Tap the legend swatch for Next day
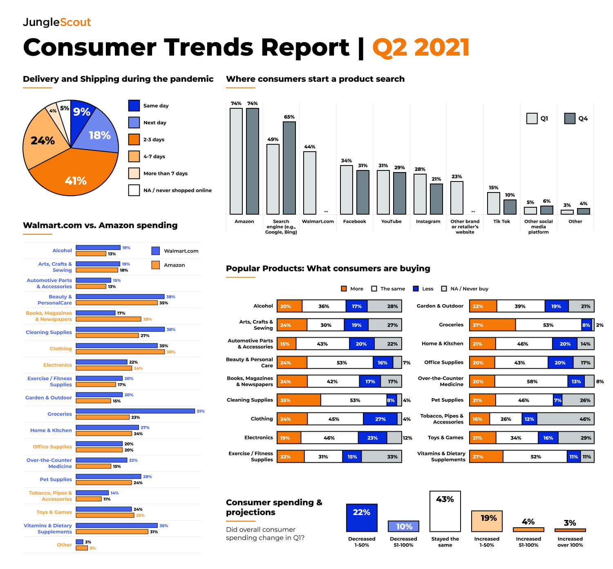(x=134, y=123)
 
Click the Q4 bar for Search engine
(x=289, y=168)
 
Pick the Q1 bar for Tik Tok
(x=493, y=203)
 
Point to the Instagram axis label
(x=428, y=222)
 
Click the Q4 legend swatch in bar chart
(x=570, y=119)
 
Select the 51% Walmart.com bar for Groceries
(x=135, y=411)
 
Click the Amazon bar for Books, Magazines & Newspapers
(x=108, y=319)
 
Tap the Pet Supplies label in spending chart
(x=56, y=479)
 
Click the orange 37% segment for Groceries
(x=492, y=325)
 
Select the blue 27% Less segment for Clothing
(x=380, y=419)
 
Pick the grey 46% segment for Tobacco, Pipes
(x=565, y=419)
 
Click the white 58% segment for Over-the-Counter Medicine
(x=531, y=381)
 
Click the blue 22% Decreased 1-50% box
(x=362, y=517)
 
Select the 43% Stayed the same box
(x=445, y=511)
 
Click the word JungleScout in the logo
(x=57, y=22)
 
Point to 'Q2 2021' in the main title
(x=421, y=47)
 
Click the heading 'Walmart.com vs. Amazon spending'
(x=100, y=225)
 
